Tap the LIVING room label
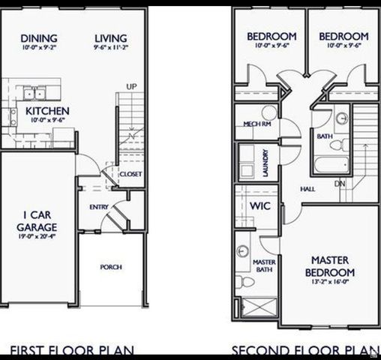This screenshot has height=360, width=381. (x=111, y=37)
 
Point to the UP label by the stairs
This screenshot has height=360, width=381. (x=131, y=86)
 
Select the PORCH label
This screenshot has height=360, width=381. (x=111, y=266)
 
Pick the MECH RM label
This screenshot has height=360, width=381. (x=256, y=125)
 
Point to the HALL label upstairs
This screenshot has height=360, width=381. (x=307, y=190)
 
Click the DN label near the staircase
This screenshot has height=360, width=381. (x=339, y=184)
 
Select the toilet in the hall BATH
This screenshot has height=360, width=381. (x=339, y=142)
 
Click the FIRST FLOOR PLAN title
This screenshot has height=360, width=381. (x=72, y=350)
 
